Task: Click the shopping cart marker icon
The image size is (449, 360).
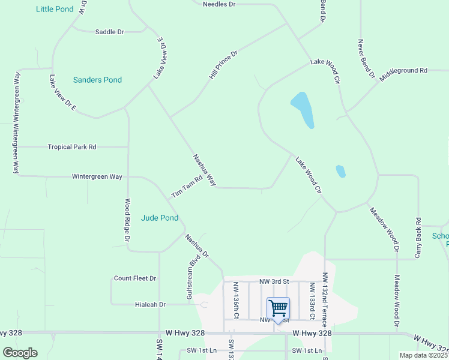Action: pos(278,308)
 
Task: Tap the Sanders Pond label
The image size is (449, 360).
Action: pos(97,80)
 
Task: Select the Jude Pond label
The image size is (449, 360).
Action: pos(160,218)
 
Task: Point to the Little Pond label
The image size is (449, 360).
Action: pos(55,9)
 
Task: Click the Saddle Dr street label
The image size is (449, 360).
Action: pos(109,32)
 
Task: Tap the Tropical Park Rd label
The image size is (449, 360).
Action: pos(72,147)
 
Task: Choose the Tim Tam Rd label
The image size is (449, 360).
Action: pos(187,187)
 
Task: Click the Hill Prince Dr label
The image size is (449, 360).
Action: pos(223,65)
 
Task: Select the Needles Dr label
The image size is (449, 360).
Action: pos(219,4)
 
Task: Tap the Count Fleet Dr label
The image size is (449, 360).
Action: pos(135,278)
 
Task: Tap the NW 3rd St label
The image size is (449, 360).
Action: pos(274,281)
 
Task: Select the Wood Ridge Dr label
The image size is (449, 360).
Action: pos(127,221)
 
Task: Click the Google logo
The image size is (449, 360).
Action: pos(20,353)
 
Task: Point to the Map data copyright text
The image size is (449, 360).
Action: pos(423,355)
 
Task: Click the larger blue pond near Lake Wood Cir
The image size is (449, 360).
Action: pos(303,110)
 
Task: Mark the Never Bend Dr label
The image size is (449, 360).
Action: pos(366,60)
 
